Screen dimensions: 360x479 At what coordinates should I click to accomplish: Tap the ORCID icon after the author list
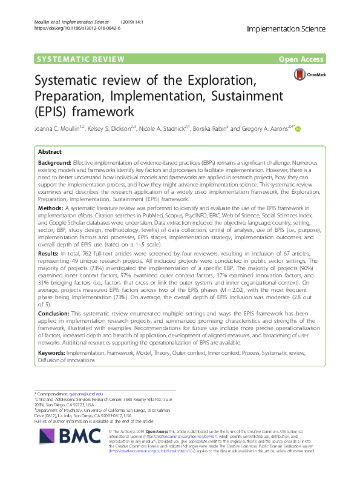point(298,128)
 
